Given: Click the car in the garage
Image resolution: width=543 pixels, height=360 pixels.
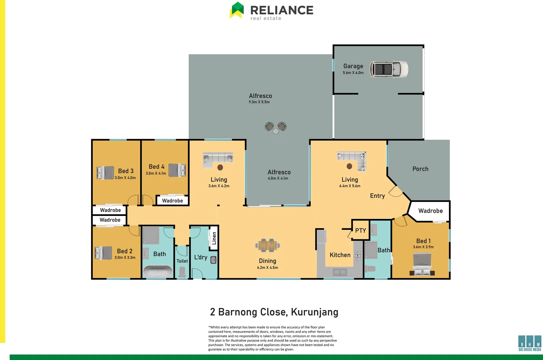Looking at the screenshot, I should [389, 69].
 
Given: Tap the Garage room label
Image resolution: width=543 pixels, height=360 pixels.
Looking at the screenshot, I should [353, 66].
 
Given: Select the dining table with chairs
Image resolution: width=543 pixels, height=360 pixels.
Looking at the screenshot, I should [267, 246].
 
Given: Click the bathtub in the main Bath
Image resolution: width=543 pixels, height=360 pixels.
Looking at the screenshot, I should [157, 271].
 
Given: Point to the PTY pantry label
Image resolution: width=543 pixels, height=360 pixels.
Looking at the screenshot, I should [361, 231].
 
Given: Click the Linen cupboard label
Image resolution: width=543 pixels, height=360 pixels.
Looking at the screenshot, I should [214, 238].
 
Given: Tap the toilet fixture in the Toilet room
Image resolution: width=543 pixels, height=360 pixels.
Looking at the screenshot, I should [182, 272].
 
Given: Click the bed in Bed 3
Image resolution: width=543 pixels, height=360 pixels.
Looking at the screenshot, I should [105, 173].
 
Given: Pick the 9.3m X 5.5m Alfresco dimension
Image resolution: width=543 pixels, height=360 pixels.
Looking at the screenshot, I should [259, 102].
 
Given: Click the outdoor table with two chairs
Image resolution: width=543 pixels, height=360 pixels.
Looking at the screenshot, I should [276, 128].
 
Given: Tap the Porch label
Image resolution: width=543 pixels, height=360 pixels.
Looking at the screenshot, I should [420, 169].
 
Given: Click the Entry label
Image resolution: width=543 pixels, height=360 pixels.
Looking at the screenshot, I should [377, 196].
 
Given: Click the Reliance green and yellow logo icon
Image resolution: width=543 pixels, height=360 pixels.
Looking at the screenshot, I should [237, 10].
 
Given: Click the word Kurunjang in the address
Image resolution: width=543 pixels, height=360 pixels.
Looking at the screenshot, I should [315, 312].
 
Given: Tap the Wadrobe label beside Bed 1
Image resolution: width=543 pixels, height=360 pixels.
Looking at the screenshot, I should [430, 211].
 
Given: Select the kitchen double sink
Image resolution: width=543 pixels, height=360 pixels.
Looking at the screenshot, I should [340, 272].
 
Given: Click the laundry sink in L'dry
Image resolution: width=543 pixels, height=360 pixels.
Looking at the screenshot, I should [213, 260].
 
